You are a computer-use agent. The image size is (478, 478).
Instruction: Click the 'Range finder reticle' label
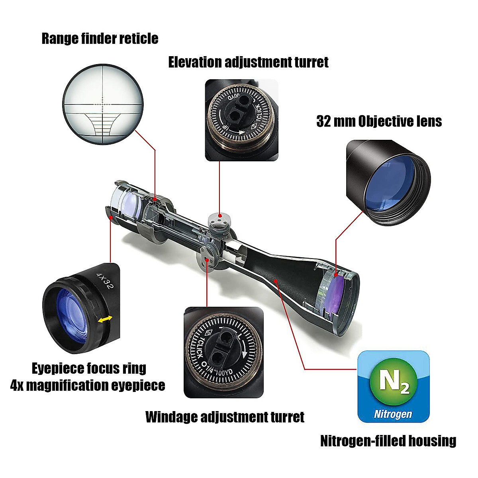pyautogui.click(x=100, y=39)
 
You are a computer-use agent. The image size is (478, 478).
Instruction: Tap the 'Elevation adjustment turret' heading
pyautogui.click(x=248, y=63)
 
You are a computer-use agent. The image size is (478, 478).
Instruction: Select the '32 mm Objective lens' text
pyautogui.click(x=379, y=121)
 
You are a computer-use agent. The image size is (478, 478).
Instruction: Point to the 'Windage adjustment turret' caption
pyautogui.click(x=225, y=417)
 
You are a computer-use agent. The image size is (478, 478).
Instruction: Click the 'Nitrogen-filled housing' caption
pyautogui.click(x=388, y=441)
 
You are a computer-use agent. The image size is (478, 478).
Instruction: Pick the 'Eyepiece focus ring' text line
pyautogui.click(x=89, y=368)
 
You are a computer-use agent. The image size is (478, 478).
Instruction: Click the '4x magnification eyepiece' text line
pyautogui.click(x=88, y=386)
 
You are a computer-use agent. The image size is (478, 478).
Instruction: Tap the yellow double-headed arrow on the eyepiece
pyautogui.click(x=106, y=319)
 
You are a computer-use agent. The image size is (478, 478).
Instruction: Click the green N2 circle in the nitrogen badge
pyautogui.click(x=393, y=381)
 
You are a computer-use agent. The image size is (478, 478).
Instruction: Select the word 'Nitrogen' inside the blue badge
pyautogui.click(x=393, y=414)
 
